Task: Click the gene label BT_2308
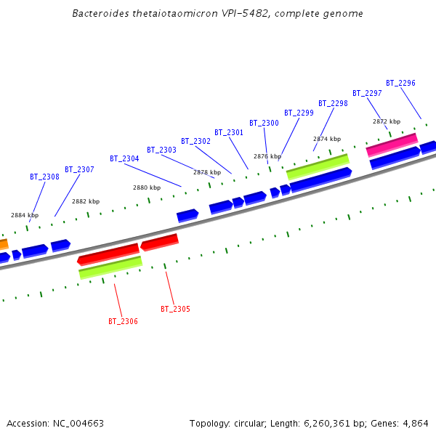(x=44, y=177)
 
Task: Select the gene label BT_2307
(x=79, y=169)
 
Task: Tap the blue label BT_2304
(x=124, y=158)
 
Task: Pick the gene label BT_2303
(x=161, y=150)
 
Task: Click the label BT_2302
(x=195, y=141)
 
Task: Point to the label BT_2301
(x=229, y=132)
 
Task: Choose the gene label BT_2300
(x=264, y=123)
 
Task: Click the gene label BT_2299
(x=299, y=113)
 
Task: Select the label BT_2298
(x=333, y=103)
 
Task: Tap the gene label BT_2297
(x=367, y=93)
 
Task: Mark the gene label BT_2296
(x=400, y=83)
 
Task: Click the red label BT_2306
(x=123, y=321)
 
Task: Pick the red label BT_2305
(x=175, y=309)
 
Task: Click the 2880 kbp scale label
(x=146, y=187)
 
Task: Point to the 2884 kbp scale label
(x=25, y=215)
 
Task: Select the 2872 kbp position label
(x=387, y=121)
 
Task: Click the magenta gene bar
(x=392, y=144)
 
